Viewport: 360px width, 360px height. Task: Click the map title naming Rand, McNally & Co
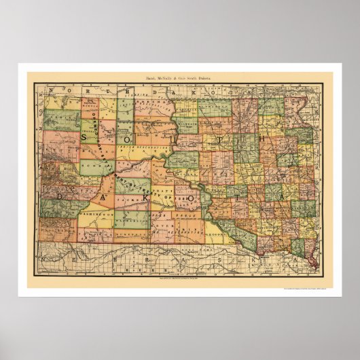click(x=179, y=79)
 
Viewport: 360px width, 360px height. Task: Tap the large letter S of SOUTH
click(x=87, y=137)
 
